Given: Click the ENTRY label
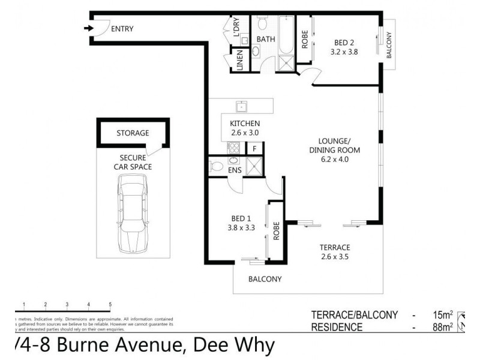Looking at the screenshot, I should [122, 28].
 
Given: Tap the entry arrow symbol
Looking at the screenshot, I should [88, 28].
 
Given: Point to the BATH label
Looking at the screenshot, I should [266, 40].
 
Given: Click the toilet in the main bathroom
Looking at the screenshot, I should [262, 23].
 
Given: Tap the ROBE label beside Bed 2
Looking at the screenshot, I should [305, 40].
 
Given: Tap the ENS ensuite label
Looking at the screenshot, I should [235, 170].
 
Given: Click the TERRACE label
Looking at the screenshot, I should [335, 247].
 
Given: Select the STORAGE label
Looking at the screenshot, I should [133, 133].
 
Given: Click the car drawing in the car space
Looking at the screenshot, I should [132, 213].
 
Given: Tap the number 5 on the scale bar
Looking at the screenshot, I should [110, 304].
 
